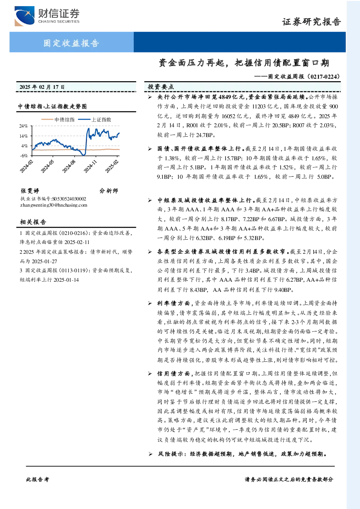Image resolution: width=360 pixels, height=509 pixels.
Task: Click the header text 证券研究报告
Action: (311, 22)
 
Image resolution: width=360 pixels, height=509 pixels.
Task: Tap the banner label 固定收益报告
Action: (71, 43)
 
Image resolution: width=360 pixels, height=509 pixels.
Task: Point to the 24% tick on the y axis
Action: (24, 126)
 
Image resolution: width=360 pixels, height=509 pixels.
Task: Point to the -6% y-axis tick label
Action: (24, 156)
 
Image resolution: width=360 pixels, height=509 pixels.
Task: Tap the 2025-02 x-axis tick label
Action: (112, 166)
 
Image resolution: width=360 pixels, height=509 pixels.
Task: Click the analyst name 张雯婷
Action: (30, 191)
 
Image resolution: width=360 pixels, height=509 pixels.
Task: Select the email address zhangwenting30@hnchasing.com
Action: (54, 205)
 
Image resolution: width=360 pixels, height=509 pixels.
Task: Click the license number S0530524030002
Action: (69, 199)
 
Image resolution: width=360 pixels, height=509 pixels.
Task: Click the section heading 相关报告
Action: (33, 222)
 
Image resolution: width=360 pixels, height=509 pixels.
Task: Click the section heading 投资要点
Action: (161, 87)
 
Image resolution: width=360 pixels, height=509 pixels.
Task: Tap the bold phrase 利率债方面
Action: (173, 303)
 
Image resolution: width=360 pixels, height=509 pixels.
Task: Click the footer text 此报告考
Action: (37, 480)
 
